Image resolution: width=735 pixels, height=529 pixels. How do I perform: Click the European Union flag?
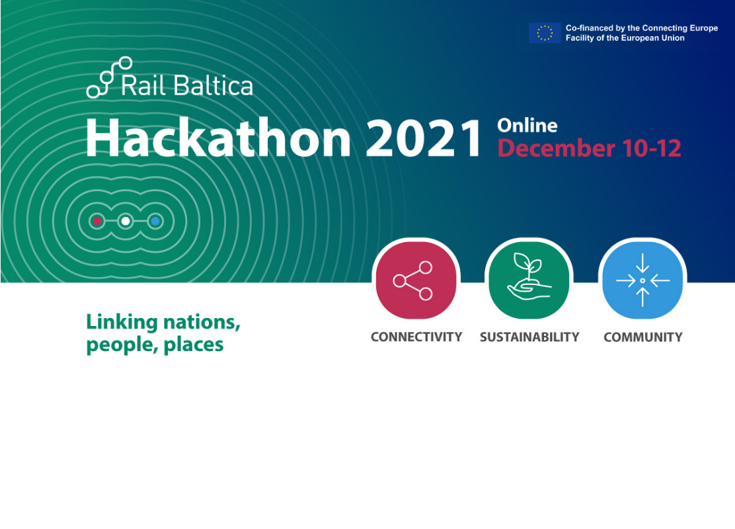click(545, 33)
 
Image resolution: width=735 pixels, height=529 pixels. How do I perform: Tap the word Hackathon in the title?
click(218, 138)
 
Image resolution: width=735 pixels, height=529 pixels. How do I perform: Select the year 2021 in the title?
click(424, 138)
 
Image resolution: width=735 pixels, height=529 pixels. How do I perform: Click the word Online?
click(527, 125)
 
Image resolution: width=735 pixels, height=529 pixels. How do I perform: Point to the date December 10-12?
click(589, 148)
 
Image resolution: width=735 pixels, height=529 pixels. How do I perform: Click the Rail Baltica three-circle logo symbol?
click(109, 77)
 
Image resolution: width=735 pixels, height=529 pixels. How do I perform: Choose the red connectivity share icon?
click(416, 280)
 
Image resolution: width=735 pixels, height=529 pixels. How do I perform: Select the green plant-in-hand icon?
click(529, 280)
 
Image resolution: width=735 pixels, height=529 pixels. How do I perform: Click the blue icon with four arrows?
click(642, 280)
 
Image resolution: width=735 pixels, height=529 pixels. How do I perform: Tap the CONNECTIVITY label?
click(416, 337)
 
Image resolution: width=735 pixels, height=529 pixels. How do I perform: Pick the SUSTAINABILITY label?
click(529, 337)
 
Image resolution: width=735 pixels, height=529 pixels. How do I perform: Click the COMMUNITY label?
click(643, 337)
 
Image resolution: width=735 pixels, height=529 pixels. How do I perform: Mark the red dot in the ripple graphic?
click(97, 221)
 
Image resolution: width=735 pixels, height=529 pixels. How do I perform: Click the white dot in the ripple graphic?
click(126, 221)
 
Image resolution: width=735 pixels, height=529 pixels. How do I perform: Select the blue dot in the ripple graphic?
click(155, 221)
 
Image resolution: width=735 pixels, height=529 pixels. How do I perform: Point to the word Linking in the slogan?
click(122, 323)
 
